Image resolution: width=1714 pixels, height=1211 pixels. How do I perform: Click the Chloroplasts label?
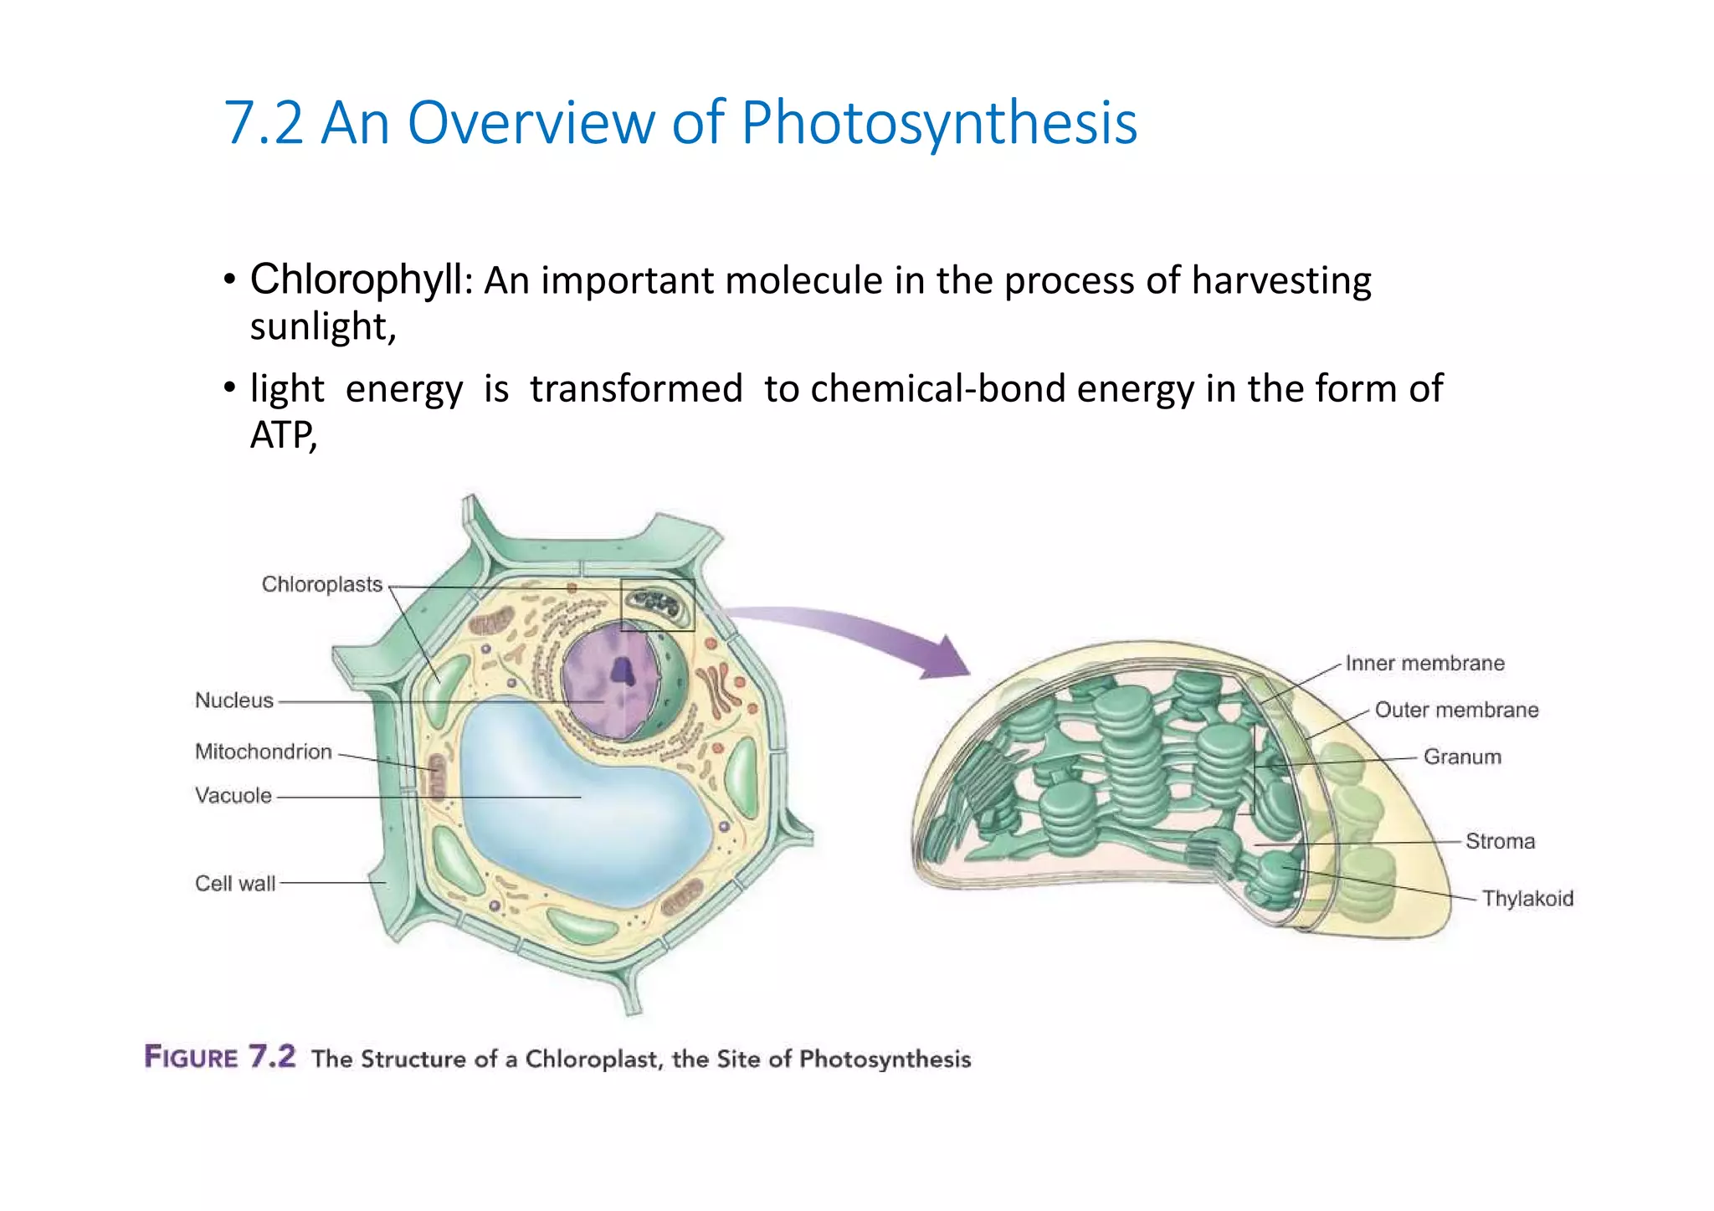[321, 584]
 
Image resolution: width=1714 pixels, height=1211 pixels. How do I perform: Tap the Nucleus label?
[233, 700]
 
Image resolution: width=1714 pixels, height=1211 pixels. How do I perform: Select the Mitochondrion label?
[263, 752]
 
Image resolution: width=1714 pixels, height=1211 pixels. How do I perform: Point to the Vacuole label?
[233, 795]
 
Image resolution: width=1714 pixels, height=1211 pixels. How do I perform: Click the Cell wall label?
[234, 884]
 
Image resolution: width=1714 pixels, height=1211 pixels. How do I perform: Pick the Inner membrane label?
[1424, 664]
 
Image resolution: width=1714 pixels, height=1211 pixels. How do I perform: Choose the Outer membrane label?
[1456, 711]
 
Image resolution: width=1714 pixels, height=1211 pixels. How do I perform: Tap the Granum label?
[1462, 757]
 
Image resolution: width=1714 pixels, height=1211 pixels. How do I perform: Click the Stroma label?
[1500, 842]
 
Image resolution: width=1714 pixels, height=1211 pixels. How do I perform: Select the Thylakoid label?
[1527, 899]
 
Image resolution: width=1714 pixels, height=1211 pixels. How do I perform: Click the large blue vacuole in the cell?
[577, 803]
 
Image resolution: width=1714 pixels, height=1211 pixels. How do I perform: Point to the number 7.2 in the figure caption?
[272, 1057]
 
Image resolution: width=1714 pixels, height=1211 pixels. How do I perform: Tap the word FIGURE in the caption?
[192, 1058]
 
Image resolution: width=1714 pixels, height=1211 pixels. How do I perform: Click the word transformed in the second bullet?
[636, 389]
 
